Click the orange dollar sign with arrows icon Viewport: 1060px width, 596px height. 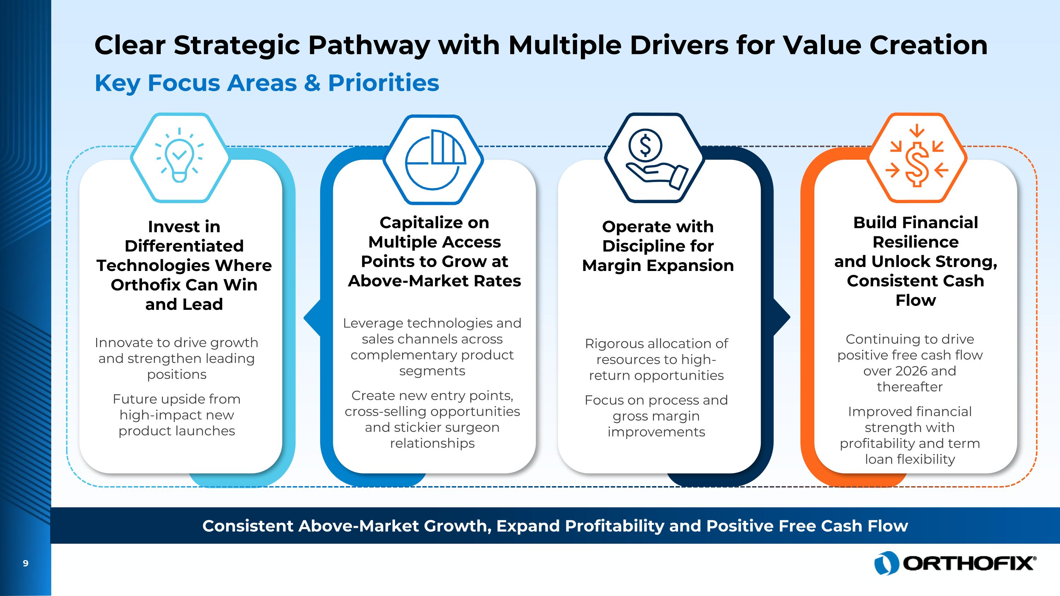tap(917, 158)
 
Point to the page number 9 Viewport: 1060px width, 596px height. tap(25, 563)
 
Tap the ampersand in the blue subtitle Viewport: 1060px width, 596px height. tap(312, 83)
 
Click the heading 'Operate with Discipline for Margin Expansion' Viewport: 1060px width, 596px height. tap(658, 246)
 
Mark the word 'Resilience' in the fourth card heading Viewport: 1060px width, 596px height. tap(915, 242)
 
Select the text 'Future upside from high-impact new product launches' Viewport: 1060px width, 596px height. tap(177, 415)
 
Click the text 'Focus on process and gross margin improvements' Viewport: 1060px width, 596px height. tap(656, 416)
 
